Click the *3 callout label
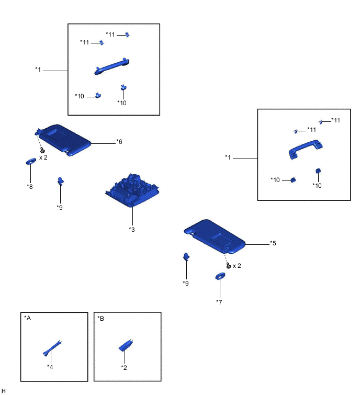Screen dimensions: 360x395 pos(132,230)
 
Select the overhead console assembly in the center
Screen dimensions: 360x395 pos(132,190)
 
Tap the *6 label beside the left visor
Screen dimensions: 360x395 pos(119,142)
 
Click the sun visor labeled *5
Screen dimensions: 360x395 pos(215,236)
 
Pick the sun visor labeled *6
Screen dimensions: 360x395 pos(63,140)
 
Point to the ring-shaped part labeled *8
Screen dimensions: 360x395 pos(31,161)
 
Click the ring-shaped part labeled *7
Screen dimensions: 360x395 pos(220,276)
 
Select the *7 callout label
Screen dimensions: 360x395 pos(219,302)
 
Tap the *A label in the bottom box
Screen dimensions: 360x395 pos(27,318)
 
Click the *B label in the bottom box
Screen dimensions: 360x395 pos(101,319)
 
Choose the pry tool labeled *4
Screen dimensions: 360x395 pos(52,348)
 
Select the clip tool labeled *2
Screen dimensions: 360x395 pos(126,345)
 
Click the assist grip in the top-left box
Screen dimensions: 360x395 pos(112,66)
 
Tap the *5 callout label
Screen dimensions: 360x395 pos(273,243)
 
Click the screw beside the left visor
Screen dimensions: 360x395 pos(42,150)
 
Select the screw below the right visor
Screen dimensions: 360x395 pos(229,266)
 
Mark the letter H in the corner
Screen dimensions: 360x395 pos(3,391)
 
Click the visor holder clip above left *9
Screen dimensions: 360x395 pos(61,181)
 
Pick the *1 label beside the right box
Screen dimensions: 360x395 pos(228,157)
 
